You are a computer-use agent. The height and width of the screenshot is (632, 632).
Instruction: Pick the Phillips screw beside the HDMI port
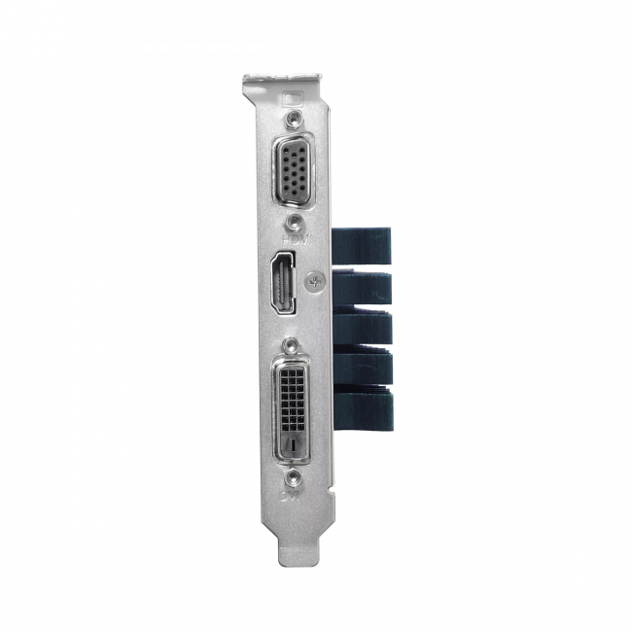pos(313,282)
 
